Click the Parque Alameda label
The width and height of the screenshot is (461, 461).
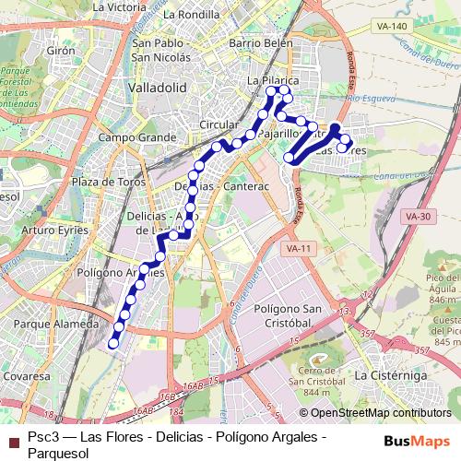(56, 324)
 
